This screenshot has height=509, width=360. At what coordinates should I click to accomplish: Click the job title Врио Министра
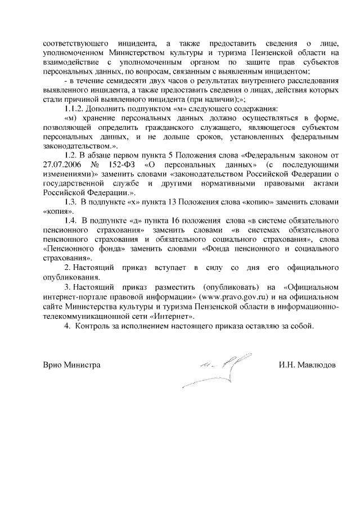(71, 365)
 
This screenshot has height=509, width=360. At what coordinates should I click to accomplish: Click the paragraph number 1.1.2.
(75, 108)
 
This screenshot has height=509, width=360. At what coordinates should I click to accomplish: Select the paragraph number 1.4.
(72, 219)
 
